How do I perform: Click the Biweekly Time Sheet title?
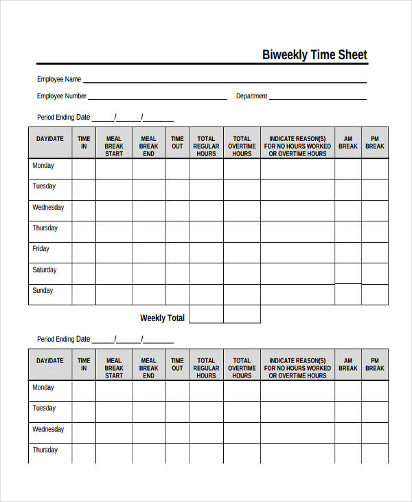[314, 55]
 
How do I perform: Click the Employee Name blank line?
[225, 80]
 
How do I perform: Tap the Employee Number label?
[62, 96]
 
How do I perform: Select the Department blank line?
[317, 98]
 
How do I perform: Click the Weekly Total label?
[162, 318]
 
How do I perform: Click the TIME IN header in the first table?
[84, 142]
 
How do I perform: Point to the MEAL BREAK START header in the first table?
[114, 146]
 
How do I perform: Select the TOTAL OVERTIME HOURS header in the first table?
[242, 146]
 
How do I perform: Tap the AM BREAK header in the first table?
[348, 142]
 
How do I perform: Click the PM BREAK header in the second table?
[375, 364]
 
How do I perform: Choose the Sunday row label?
[43, 291]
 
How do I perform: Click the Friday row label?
[41, 249]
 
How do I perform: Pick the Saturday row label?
[44, 270]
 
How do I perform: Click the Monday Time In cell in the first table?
[84, 168]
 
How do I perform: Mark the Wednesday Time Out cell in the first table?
[177, 210]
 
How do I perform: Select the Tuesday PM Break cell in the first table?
[375, 189]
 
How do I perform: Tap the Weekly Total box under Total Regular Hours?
[206, 314]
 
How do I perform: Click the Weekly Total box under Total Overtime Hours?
[242, 314]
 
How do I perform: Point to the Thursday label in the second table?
[45, 450]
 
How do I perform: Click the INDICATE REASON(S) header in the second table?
[297, 368]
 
